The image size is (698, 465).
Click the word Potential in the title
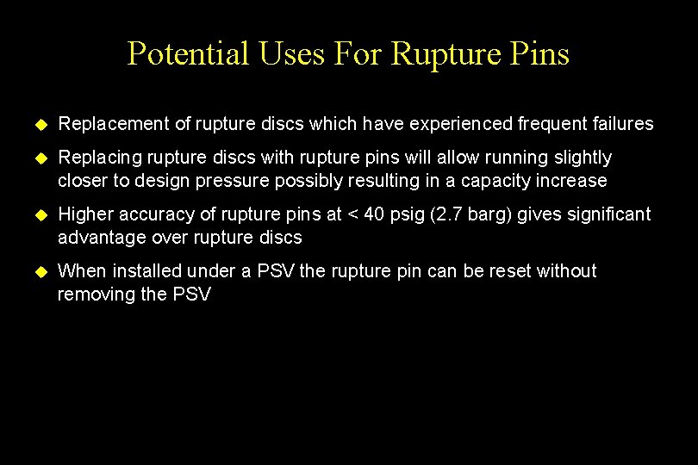click(187, 54)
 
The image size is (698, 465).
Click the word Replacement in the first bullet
click(113, 124)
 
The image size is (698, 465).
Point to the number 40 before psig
click(376, 214)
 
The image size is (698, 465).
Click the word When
click(81, 271)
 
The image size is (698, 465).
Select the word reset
click(510, 271)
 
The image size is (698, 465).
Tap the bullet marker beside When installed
click(38, 272)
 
